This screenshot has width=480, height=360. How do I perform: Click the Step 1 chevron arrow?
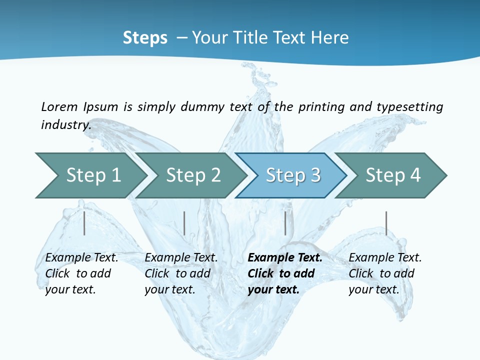click(93, 175)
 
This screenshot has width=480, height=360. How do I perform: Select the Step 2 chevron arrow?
click(193, 175)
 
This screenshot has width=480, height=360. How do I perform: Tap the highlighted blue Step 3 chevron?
click(293, 175)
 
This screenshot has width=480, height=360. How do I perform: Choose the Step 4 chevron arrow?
click(393, 175)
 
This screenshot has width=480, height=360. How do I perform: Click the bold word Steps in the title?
click(145, 37)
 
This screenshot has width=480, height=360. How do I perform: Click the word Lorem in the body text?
click(59, 106)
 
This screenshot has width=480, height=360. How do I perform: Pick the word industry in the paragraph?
click(66, 124)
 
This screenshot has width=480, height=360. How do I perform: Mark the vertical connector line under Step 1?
click(84, 223)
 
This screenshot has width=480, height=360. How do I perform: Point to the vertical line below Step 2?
click(184, 223)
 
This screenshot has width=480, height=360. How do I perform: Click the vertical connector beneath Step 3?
click(285, 223)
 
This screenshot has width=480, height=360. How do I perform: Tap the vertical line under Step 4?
click(386, 223)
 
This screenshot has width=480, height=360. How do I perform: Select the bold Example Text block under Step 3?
click(285, 273)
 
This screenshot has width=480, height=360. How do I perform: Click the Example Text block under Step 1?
click(81, 273)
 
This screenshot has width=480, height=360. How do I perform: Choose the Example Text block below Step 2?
click(181, 273)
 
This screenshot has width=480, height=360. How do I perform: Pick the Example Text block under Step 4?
click(385, 273)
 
